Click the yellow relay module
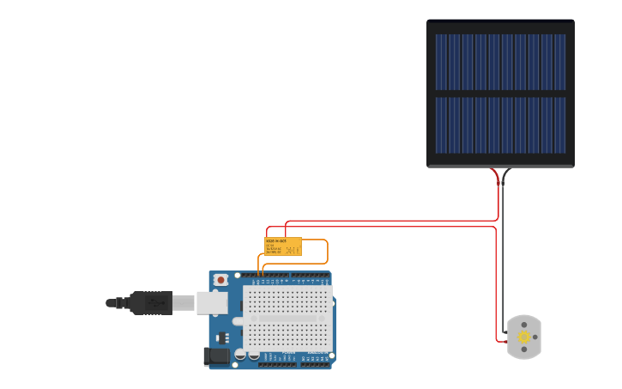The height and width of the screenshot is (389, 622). (283, 246)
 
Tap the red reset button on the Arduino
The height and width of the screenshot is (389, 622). (221, 280)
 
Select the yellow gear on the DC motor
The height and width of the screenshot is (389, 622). (523, 337)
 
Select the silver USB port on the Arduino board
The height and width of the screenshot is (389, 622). (212, 303)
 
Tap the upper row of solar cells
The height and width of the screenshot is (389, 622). (500, 62)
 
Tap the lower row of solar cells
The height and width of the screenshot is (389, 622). (500, 125)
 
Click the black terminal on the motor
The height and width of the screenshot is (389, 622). (505, 332)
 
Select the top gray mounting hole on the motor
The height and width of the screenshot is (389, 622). (524, 325)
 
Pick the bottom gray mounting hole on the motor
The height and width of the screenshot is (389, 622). (524, 349)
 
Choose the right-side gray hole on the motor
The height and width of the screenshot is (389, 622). (535, 337)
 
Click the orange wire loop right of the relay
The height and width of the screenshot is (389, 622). (328, 252)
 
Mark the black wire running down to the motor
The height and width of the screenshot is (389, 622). (503, 258)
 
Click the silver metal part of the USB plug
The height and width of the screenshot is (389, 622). (184, 303)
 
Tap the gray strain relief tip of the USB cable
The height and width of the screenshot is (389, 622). (112, 303)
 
